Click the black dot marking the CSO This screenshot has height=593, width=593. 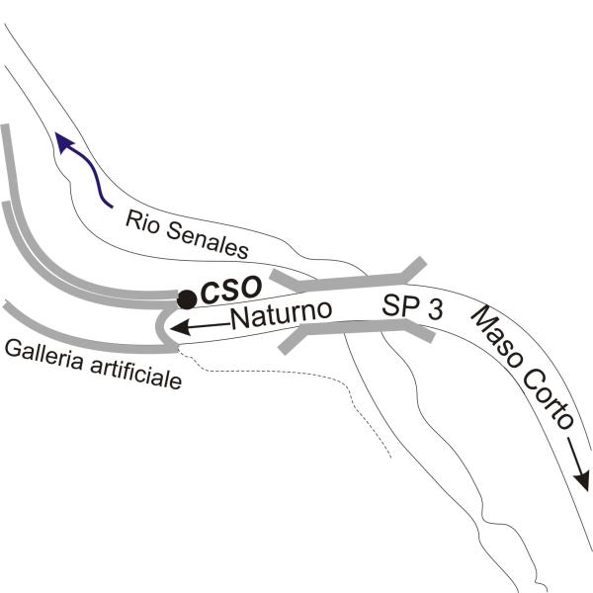click(187, 299)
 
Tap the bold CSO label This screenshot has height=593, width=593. click(231, 290)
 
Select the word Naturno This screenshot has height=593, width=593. click(282, 314)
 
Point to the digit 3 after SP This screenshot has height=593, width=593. click(435, 310)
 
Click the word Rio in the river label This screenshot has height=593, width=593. click(141, 222)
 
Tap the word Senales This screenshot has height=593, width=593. click(208, 240)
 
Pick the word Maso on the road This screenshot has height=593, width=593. click(496, 337)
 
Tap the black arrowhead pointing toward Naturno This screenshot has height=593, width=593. click(181, 327)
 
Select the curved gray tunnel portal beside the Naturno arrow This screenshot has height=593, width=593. click(160, 325)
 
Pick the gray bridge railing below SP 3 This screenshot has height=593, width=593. click(356, 330)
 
